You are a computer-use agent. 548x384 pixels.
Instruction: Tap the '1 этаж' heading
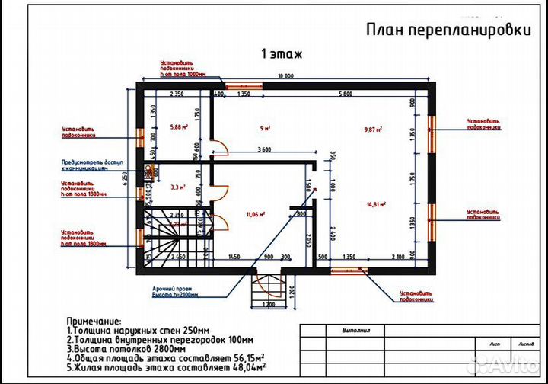click(x=282, y=54)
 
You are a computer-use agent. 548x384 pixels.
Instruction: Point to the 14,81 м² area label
click(x=376, y=204)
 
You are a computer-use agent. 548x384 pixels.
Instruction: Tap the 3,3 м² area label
click(x=177, y=186)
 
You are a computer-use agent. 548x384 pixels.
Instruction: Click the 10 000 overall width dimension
click(x=285, y=77)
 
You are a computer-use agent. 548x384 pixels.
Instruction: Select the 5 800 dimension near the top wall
click(x=345, y=94)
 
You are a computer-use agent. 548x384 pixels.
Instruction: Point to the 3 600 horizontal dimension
click(x=264, y=149)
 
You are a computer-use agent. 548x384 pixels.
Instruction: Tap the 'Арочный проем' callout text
click(x=174, y=290)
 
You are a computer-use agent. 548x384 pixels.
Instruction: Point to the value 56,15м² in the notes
click(x=249, y=357)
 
